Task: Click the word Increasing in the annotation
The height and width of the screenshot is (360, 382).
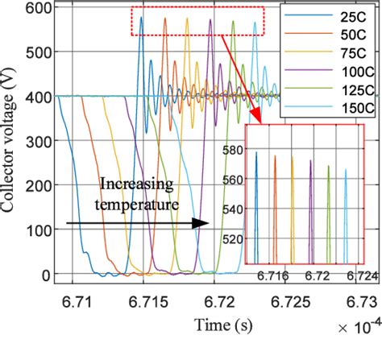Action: [x=137, y=185]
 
